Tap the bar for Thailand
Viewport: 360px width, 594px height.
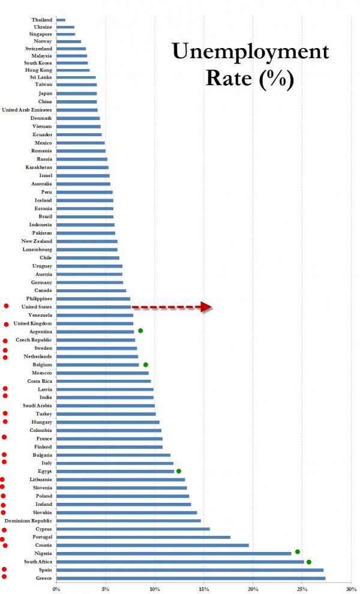tap(61, 20)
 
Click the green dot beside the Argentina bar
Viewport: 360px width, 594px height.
tap(140, 331)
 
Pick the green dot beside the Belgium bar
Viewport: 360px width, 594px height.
tap(146, 364)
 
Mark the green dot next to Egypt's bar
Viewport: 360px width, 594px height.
tap(179, 471)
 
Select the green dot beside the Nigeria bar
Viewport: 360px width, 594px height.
tap(298, 551)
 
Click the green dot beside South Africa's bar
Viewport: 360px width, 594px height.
tap(309, 562)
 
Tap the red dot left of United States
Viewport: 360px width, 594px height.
tap(6, 306)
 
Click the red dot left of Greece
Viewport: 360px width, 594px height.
tap(4, 577)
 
